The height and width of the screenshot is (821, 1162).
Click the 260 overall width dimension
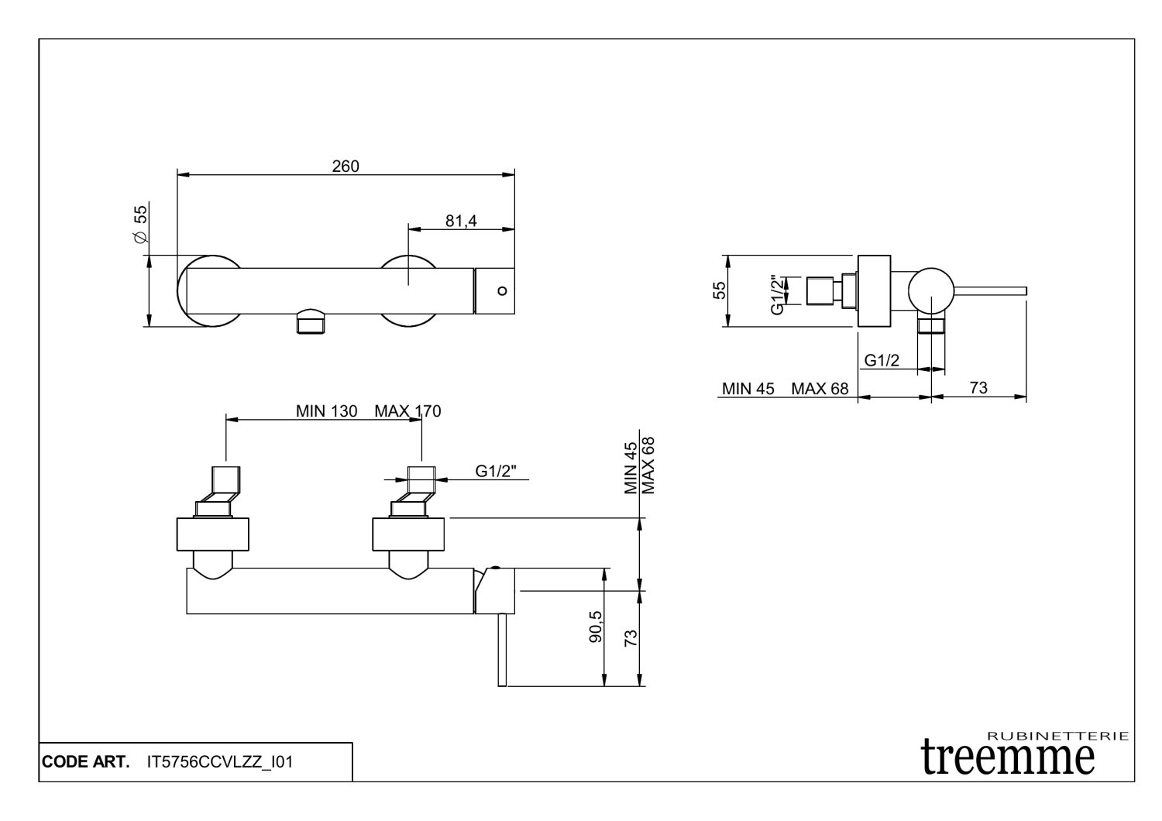pyautogui.click(x=346, y=167)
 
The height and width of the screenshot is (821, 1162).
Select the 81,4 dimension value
pyautogui.click(x=461, y=221)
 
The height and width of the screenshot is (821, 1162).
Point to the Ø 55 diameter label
pyautogui.click(x=141, y=225)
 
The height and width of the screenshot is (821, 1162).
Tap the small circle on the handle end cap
pyautogui.click(x=502, y=291)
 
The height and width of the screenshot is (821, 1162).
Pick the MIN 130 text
pyautogui.click(x=326, y=411)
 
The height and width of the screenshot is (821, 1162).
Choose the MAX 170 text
pyautogui.click(x=407, y=411)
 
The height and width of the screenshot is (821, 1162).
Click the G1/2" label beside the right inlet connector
pyautogui.click(x=496, y=471)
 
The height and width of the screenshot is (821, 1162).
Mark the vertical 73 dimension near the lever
pyautogui.click(x=631, y=638)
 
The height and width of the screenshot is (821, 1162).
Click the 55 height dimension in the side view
pyautogui.click(x=720, y=290)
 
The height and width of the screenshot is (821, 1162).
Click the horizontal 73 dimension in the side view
pyautogui.click(x=978, y=388)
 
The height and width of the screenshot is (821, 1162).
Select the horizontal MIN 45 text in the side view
pyautogui.click(x=748, y=389)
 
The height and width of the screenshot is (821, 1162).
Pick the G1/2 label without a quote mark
pyautogui.click(x=882, y=360)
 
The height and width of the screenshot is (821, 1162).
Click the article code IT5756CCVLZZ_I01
pyautogui.click(x=219, y=763)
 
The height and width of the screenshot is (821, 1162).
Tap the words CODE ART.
pyautogui.click(x=85, y=763)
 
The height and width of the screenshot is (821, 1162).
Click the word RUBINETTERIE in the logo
pyautogui.click(x=1058, y=735)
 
